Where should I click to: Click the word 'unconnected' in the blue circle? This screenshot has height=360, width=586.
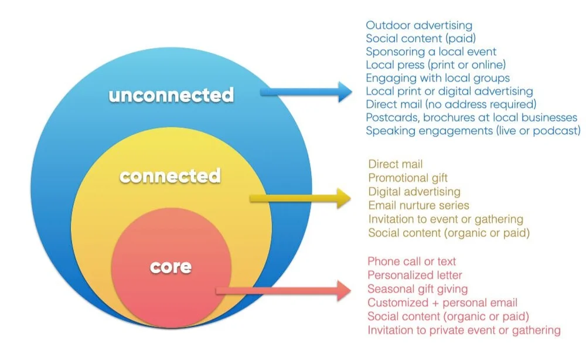click(171, 94)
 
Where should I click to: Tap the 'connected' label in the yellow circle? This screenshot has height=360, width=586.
click(170, 175)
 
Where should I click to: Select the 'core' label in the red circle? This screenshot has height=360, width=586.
click(171, 266)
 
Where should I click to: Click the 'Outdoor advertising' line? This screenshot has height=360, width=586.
click(419, 25)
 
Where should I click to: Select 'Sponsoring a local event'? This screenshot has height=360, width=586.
click(431, 52)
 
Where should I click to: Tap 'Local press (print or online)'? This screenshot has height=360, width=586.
click(435, 64)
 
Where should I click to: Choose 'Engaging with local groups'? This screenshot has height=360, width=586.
click(438, 78)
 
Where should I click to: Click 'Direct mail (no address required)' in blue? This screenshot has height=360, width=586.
click(451, 104)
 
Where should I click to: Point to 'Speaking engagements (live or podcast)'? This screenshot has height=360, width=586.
click(473, 131)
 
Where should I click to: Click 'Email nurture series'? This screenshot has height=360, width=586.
click(418, 205)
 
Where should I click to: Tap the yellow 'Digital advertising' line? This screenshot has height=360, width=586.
click(414, 192)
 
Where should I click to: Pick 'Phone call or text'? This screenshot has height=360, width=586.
click(411, 261)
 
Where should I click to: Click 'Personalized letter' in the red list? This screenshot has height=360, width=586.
click(415, 275)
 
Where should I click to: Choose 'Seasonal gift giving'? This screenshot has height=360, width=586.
click(417, 289)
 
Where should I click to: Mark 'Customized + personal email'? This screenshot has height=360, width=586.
click(442, 303)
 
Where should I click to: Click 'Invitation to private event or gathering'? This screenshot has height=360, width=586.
click(464, 330)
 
